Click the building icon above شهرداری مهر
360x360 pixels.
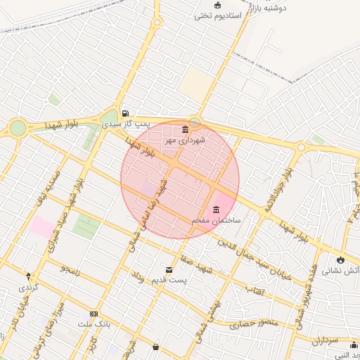coord(185,129)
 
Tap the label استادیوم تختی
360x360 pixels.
coord(217,15)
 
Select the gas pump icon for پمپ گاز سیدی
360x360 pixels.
coord(124,112)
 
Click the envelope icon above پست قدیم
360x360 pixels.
coord(169,269)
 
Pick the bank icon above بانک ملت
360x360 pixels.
coord(94,314)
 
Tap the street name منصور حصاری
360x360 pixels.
coord(254,324)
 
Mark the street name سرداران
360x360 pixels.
coord(325,340)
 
